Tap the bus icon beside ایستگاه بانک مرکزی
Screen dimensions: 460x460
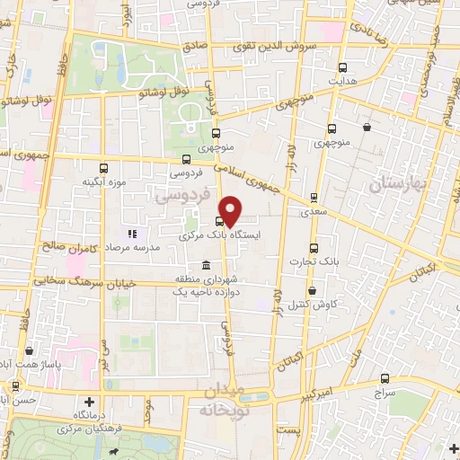pyautogui.click(x=219, y=222)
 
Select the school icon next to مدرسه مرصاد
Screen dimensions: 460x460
pyautogui.click(x=130, y=234)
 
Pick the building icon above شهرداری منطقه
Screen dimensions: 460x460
pyautogui.click(x=207, y=266)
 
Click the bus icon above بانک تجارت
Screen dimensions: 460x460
pyautogui.click(x=313, y=248)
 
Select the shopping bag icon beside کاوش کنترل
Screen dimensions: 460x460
pyautogui.click(x=312, y=291)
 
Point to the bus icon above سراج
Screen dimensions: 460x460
pyautogui.click(x=385, y=379)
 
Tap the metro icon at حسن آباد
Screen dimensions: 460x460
pyautogui.click(x=15, y=385)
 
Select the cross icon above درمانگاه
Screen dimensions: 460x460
pyautogui.click(x=88, y=402)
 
